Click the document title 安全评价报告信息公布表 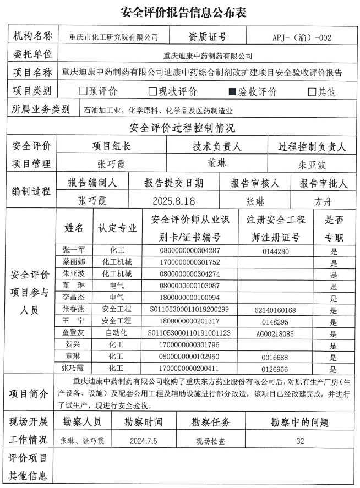pos(179,12)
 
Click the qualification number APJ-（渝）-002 pos(302,38)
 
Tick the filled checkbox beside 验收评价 pos(232,92)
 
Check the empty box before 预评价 pos(83,92)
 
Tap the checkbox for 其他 pos(312,92)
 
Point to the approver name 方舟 pos(323,201)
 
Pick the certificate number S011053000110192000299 pos(189,310)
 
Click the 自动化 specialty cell pos(116,333)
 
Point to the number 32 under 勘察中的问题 pos(300,441)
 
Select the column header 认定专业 pos(117,228)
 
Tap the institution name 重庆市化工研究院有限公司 pos(113,38)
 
